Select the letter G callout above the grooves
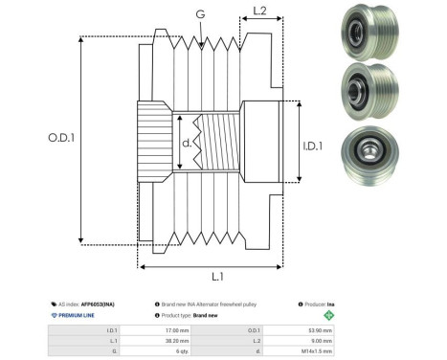(x=199, y=13)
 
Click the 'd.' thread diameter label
(x=187, y=146)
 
